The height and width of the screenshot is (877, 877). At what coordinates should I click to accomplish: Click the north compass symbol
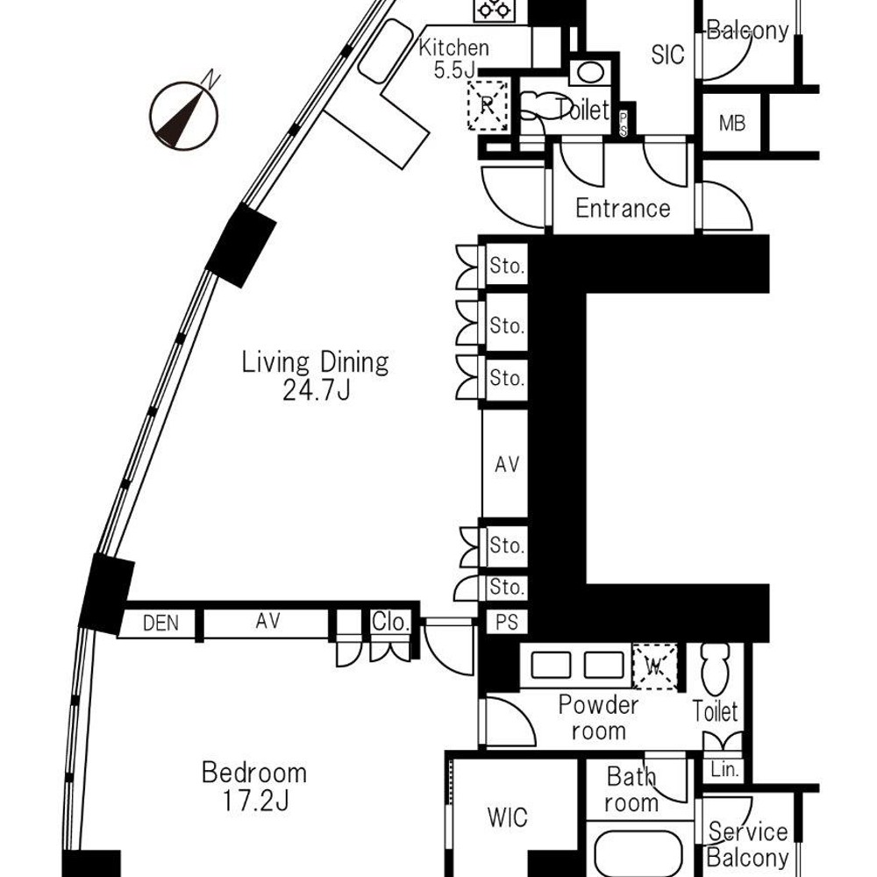183,114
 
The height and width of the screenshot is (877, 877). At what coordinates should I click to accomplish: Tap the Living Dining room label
316,376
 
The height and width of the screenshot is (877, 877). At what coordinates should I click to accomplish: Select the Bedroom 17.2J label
254,787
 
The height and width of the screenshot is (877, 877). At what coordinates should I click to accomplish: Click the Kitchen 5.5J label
453,58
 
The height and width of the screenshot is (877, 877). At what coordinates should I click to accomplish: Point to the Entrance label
623,209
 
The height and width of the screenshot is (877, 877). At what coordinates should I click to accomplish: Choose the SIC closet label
667,54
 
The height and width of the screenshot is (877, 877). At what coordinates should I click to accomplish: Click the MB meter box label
732,123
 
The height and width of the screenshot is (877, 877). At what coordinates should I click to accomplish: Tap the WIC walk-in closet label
507,817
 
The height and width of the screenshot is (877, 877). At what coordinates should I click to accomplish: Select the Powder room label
598,718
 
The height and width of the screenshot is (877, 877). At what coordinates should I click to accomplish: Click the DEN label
160,623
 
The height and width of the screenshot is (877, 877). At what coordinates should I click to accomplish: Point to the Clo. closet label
391,622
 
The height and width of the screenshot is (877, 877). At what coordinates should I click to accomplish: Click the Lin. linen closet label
725,770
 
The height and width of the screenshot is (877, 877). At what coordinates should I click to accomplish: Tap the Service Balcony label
748,845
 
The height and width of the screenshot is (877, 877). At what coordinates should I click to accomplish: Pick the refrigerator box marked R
488,105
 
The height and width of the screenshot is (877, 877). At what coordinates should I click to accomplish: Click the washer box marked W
654,667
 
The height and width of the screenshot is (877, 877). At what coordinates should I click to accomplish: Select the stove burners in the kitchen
495,10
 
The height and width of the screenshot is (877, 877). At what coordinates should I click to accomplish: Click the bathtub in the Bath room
638,854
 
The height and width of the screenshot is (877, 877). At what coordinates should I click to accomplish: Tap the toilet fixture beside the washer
716,669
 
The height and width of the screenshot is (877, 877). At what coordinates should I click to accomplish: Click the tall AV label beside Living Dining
507,464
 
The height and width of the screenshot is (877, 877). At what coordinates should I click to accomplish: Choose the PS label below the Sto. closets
507,622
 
